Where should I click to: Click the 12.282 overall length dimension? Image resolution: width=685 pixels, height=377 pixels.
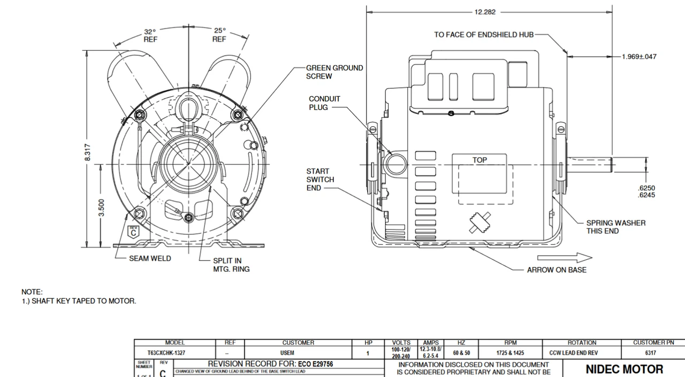point(485,12)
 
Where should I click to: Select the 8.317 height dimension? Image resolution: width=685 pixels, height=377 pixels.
point(88,152)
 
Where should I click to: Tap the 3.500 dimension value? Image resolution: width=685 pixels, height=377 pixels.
point(101,207)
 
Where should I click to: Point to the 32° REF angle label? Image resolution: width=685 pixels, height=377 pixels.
point(150,35)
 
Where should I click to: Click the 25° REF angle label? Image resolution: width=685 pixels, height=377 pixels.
point(219,35)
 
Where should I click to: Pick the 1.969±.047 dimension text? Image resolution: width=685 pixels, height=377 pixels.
point(639,57)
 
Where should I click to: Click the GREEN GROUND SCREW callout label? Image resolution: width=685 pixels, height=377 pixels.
point(334,72)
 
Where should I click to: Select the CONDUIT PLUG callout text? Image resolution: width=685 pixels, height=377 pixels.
point(324,103)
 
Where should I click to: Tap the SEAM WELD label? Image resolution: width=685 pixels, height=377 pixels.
point(150,259)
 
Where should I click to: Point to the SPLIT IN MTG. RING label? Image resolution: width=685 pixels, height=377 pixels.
point(231,265)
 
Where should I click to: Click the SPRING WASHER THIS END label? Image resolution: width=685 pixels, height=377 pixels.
point(615,227)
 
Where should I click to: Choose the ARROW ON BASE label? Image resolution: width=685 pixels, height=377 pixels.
point(556,270)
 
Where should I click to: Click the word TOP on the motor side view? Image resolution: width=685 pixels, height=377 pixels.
point(479,160)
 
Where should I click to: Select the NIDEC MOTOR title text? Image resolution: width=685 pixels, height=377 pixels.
point(624,370)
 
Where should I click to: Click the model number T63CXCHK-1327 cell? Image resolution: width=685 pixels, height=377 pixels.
point(166,353)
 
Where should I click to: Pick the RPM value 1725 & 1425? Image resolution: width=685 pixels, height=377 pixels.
point(510,353)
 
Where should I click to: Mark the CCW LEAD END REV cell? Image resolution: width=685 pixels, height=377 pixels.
point(573,353)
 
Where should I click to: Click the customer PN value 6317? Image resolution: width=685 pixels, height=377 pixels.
point(650,353)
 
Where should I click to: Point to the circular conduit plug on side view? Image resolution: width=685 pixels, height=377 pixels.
point(396,164)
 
